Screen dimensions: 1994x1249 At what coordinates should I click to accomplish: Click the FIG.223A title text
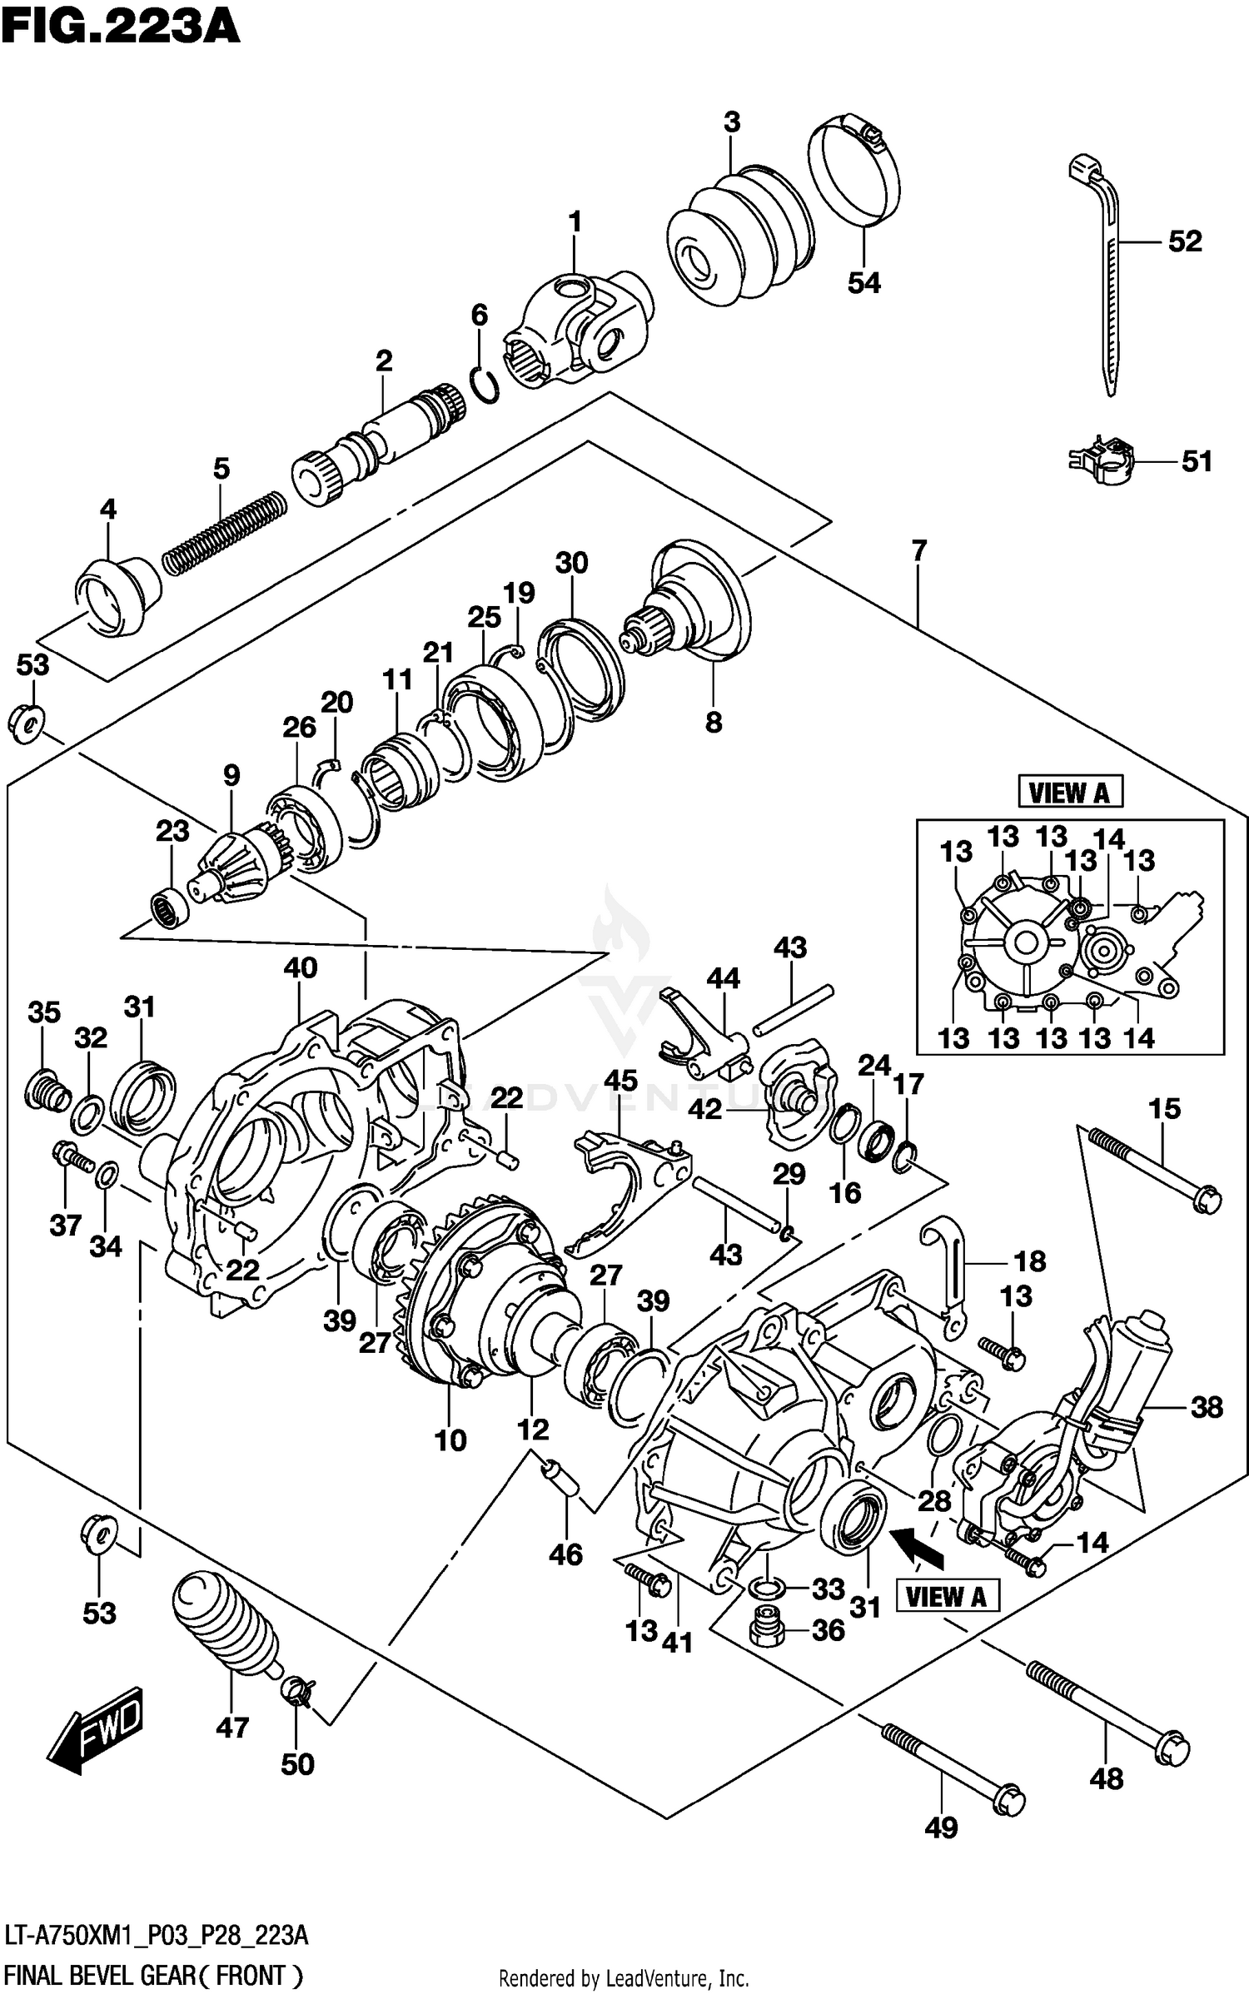121,27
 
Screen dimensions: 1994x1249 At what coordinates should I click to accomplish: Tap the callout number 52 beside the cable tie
1184,241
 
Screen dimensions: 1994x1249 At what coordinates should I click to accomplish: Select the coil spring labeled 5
223,533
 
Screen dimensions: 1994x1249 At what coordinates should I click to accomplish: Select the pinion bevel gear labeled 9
237,866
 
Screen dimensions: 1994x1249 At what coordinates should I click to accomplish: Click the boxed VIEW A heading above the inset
1070,792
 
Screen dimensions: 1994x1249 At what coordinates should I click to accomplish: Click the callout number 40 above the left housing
300,967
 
